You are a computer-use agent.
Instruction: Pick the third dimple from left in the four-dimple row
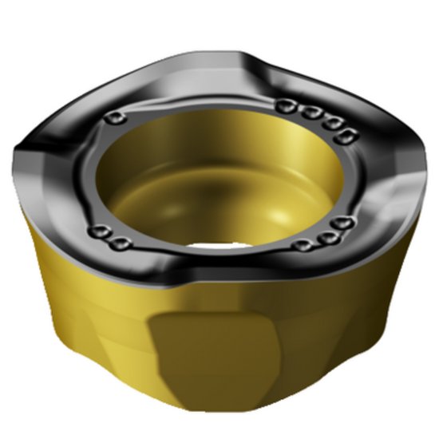(326, 122)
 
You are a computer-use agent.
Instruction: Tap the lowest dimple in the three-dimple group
(304, 244)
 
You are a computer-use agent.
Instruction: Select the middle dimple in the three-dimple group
(326, 236)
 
